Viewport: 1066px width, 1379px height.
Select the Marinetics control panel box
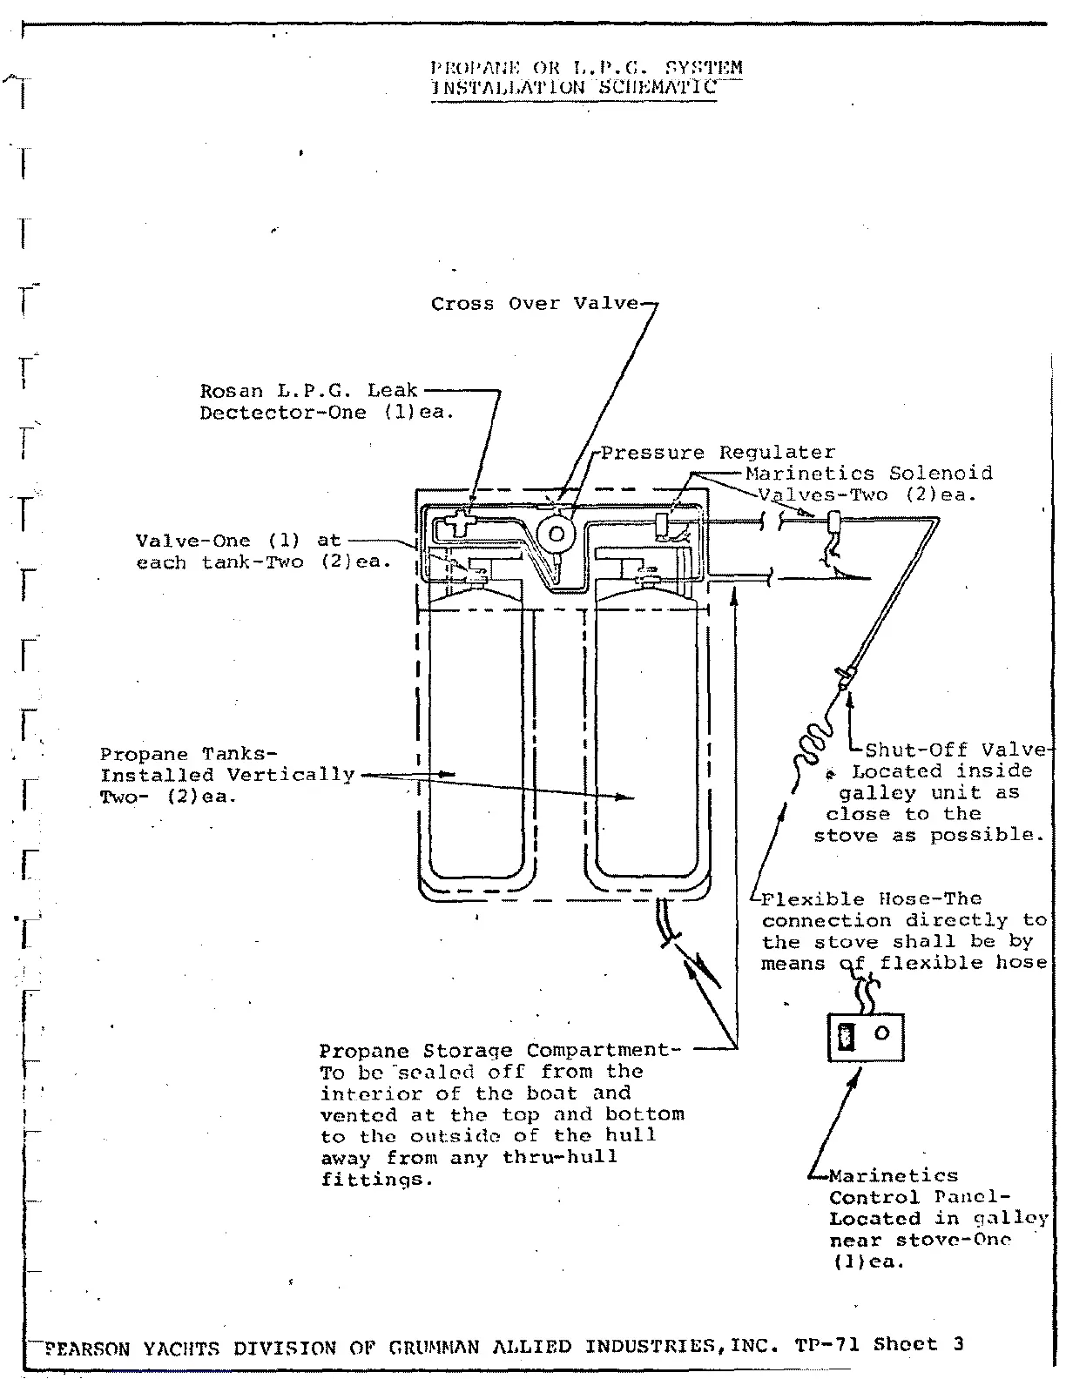tap(865, 1037)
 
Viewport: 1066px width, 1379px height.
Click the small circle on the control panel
tap(881, 1033)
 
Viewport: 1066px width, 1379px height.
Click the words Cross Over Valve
tap(535, 304)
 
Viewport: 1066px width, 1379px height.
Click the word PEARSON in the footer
tap(87, 1349)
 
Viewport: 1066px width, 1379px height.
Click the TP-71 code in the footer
tap(827, 1344)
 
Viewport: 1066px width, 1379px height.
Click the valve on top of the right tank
tap(648, 576)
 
